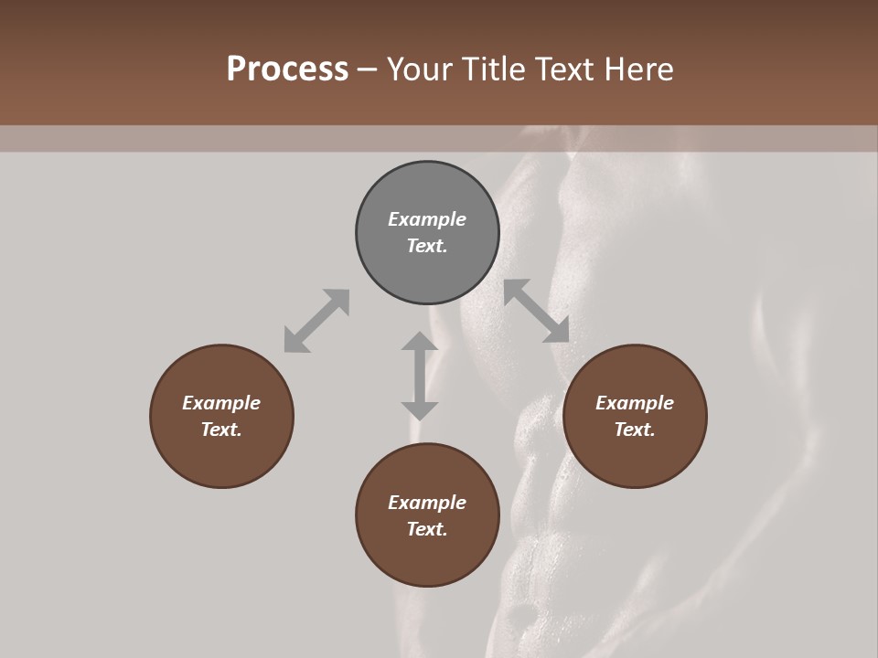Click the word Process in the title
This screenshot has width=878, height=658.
pyautogui.click(x=287, y=69)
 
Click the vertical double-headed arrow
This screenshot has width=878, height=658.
pyautogui.click(x=420, y=376)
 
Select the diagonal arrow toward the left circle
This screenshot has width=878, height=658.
pyautogui.click(x=316, y=321)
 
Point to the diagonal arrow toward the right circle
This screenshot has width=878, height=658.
pyautogui.click(x=537, y=311)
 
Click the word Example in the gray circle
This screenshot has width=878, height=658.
pyautogui.click(x=427, y=219)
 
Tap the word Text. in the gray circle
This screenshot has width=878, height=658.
pyautogui.click(x=427, y=246)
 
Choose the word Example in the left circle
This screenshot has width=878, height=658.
pyautogui.click(x=221, y=403)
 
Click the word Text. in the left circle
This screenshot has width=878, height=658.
pyautogui.click(x=221, y=430)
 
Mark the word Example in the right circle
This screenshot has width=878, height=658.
pyautogui.click(x=635, y=403)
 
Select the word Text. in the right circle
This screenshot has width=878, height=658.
pyautogui.click(x=635, y=430)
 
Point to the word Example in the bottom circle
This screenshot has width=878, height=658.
pyautogui.click(x=427, y=503)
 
